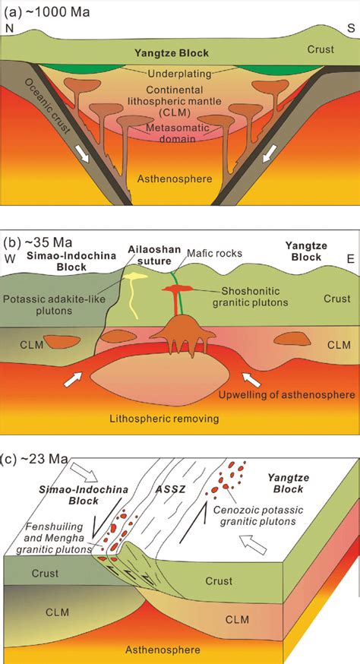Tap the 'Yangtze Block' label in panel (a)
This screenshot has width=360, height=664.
[172, 53]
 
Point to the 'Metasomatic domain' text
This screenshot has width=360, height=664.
[178, 134]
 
